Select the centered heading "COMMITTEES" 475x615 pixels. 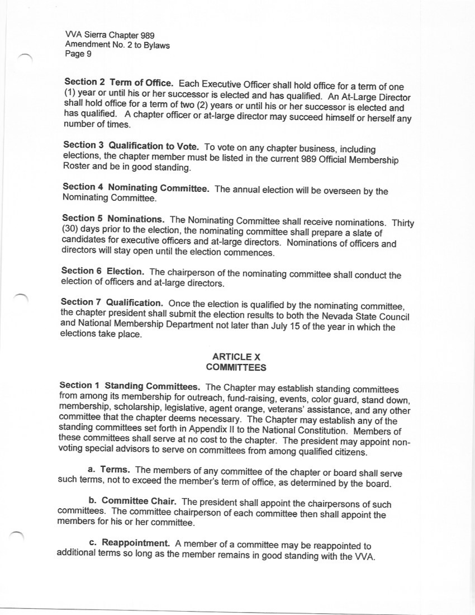pos(236,368)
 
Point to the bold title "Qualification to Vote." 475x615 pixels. pos(154,146)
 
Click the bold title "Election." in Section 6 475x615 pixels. pos(126,272)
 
